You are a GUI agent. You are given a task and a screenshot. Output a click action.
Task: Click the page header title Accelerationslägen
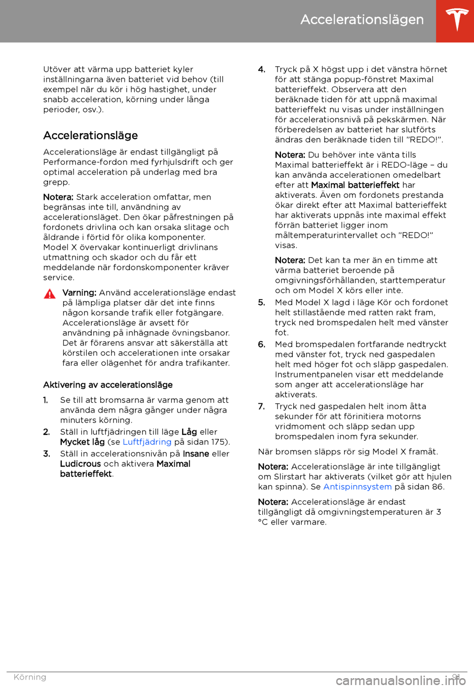pyautogui.click(x=362, y=20)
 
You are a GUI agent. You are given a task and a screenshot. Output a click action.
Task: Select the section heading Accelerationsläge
pyautogui.click(x=90, y=136)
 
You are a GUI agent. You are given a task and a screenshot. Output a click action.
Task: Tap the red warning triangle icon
pyautogui.click(x=50, y=294)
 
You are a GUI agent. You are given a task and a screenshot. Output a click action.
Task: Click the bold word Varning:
pyautogui.click(x=79, y=293)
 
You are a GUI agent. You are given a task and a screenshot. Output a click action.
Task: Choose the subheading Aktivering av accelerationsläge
pyautogui.click(x=108, y=385)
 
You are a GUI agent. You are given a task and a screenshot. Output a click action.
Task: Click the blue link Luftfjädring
pyautogui.click(x=147, y=442)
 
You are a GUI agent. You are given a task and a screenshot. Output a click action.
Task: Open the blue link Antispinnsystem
pyautogui.click(x=357, y=487)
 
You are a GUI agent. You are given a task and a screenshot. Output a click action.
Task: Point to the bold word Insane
pyautogui.click(x=196, y=454)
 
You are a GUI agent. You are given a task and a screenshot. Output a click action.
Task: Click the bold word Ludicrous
pyautogui.click(x=80, y=464)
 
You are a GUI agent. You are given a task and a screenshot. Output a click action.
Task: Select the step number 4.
pyautogui.click(x=262, y=70)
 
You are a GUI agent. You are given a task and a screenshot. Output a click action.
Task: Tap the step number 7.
pyautogui.click(x=262, y=407)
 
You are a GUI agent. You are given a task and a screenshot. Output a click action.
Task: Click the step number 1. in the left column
pyautogui.click(x=46, y=400)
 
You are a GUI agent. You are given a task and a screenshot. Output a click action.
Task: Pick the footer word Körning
pyautogui.click(x=30, y=677)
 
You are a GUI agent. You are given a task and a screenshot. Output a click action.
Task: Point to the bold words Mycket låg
pyautogui.click(x=82, y=442)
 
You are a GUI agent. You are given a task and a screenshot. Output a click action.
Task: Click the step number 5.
pyautogui.click(x=262, y=303)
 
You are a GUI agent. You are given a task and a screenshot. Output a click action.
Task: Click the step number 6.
pyautogui.click(x=262, y=344)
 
